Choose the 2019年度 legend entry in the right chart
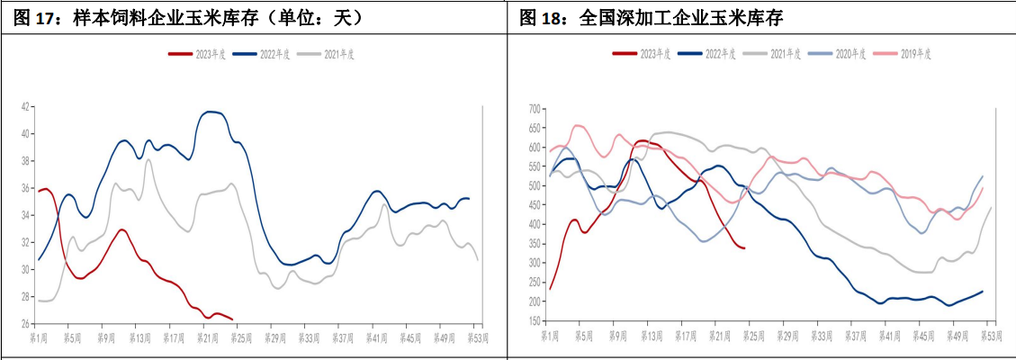913,54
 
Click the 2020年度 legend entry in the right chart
847,54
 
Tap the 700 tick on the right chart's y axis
532,109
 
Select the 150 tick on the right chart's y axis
532,321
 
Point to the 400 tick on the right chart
532,225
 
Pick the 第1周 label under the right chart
550,335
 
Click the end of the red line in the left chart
232,319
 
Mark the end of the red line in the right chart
743,247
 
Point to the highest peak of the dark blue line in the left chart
210,112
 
